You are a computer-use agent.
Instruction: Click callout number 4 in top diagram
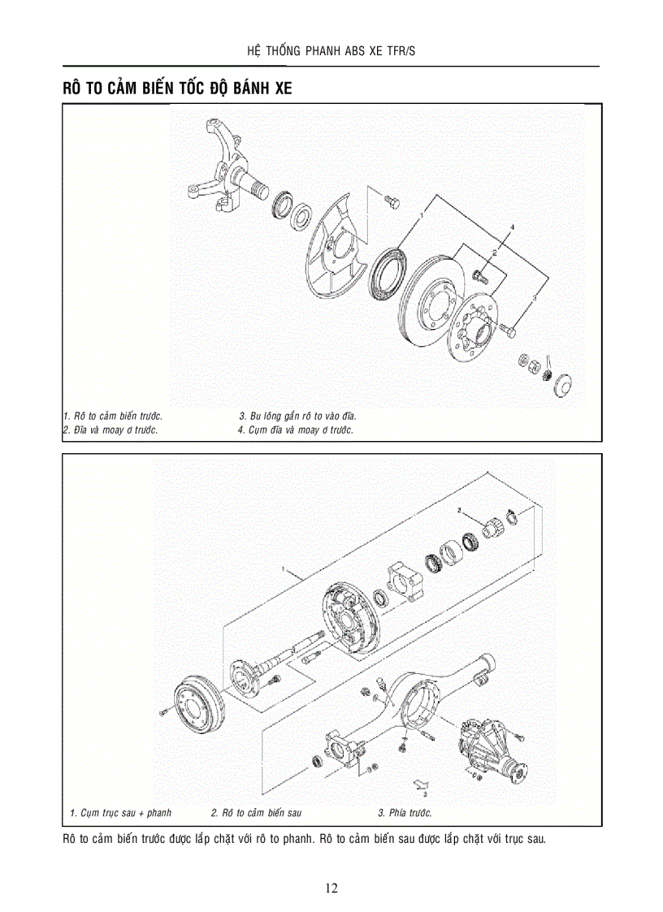[513, 225]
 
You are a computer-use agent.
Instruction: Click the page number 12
[331, 888]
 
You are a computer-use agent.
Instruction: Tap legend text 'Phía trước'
[405, 813]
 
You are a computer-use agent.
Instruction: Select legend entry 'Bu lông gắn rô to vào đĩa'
[297, 416]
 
